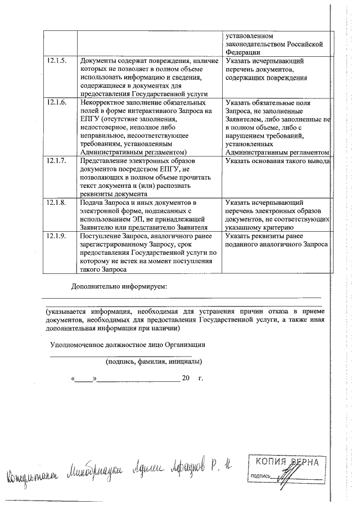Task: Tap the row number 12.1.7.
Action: point(57,161)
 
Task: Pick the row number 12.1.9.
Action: point(57,237)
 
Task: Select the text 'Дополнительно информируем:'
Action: point(119,287)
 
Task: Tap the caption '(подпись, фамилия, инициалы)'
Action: point(154,362)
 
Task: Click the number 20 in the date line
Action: point(186,378)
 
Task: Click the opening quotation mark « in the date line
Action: point(74,378)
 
